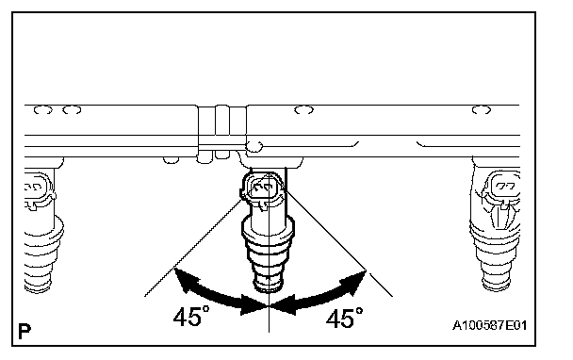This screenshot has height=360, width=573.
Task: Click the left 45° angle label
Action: (x=191, y=316)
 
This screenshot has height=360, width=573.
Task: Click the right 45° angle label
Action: (x=345, y=318)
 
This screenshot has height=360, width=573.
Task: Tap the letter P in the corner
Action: (x=25, y=332)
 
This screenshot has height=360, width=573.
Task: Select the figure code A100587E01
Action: (x=490, y=325)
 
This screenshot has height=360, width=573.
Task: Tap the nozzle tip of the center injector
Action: (x=269, y=285)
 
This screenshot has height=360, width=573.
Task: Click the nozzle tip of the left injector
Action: (x=38, y=285)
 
